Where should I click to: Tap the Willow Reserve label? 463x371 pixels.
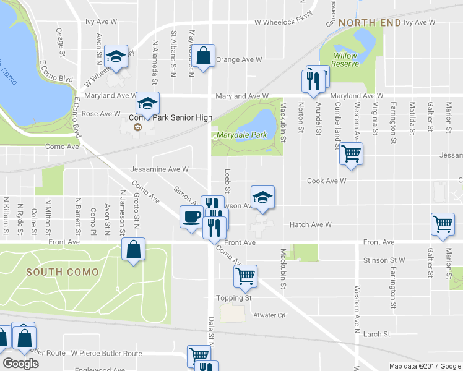click(345, 59)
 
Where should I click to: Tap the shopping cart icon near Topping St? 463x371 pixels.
click(245, 276)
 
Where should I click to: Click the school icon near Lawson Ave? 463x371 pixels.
click(262, 197)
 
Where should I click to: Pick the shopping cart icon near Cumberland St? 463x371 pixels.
click(351, 153)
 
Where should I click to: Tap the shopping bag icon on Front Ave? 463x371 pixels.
click(133, 249)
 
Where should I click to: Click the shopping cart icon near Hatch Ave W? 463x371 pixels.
click(443, 224)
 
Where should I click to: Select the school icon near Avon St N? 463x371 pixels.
click(115, 56)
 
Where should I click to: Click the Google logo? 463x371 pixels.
click(20, 364)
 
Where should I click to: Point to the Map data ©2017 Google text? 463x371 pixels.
click(425, 366)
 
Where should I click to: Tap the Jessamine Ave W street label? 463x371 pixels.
click(159, 169)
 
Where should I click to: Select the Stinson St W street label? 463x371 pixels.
click(384, 260)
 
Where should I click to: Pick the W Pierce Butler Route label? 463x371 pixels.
click(106, 354)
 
